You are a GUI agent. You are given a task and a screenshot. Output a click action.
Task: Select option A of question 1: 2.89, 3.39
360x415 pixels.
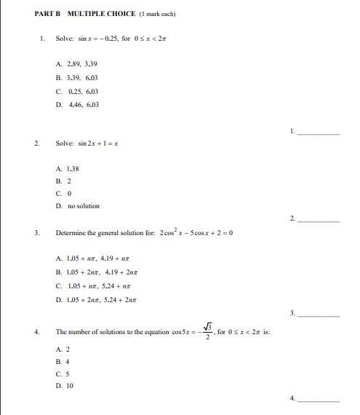coord(76,64)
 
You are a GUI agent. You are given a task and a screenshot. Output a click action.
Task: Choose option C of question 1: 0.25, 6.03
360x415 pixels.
coord(76,91)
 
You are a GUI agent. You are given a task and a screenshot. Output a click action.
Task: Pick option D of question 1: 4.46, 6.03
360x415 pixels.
coord(76,105)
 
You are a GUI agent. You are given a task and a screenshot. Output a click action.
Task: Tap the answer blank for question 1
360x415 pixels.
coord(319,132)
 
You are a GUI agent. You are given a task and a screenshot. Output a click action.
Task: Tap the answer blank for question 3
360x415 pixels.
coord(319,314)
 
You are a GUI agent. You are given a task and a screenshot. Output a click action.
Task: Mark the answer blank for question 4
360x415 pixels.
coord(319,400)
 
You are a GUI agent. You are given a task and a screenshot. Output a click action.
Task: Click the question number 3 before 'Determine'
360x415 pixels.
coord(36,233)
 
